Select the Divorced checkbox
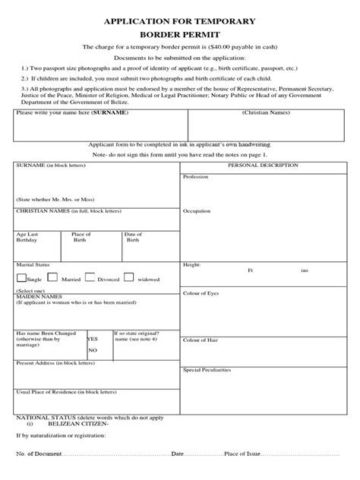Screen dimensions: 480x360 pos(90,279)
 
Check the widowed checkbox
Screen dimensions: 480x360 pos(131,279)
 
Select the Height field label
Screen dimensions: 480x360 pos(191,264)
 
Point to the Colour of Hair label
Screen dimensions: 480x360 pos(201,339)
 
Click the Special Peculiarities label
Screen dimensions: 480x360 pos(207,369)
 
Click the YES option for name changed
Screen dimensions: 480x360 pos(93,339)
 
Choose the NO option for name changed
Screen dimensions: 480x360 pos(93,350)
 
